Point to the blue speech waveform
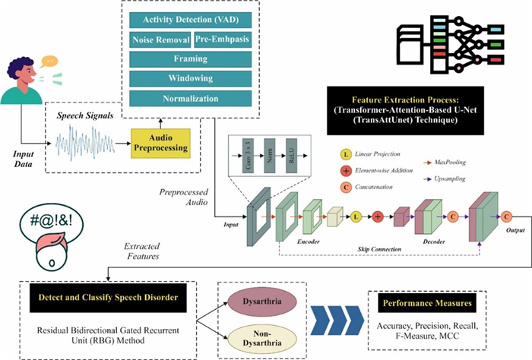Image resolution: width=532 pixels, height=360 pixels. coord(84,142)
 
